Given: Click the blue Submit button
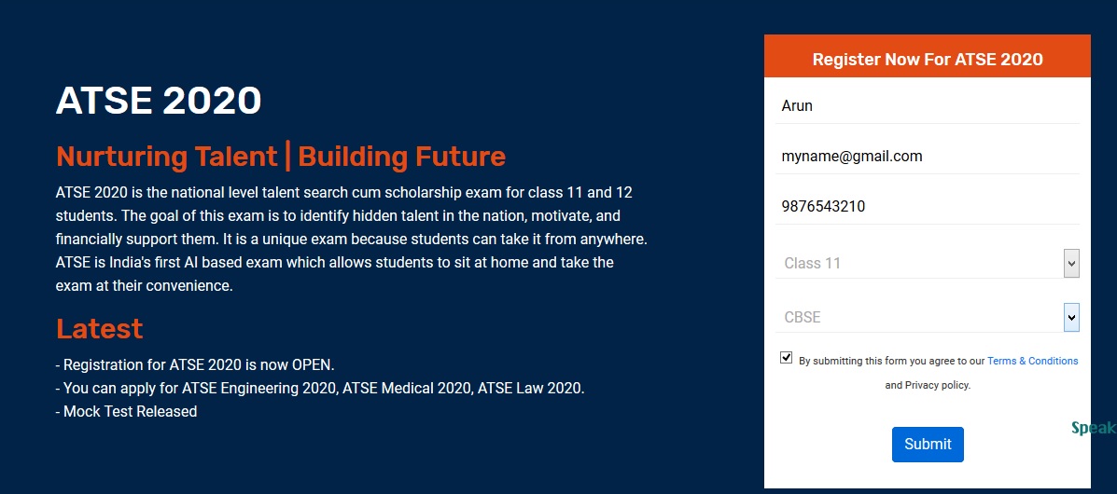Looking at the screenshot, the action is [928, 445].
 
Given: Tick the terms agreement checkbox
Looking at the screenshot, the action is [787, 357].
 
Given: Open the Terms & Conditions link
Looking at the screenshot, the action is [1032, 361].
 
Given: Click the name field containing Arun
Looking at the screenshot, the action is [928, 106].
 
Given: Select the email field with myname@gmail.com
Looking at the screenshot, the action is [928, 156].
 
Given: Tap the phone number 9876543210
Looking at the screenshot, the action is [823, 206].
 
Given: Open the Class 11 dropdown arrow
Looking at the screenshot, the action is [1071, 264].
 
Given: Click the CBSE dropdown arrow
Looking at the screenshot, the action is [1071, 318].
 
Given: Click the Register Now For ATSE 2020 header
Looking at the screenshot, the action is [928, 59].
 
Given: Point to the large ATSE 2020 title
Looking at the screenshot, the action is [159, 101].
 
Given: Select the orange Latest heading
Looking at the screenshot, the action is [100, 329].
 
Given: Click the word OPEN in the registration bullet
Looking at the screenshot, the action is [313, 365].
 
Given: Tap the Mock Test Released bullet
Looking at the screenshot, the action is [126, 411].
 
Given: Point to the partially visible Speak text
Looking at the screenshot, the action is [1095, 428].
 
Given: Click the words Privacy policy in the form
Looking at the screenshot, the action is [938, 386].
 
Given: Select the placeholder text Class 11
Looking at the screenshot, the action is [812, 264].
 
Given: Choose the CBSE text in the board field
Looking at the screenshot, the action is [803, 318].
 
